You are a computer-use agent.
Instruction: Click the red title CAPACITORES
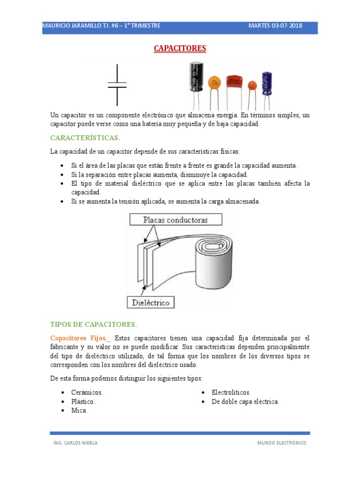click(x=180, y=48)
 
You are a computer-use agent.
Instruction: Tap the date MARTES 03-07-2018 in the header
click(x=275, y=25)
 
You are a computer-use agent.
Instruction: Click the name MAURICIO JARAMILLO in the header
click(x=72, y=25)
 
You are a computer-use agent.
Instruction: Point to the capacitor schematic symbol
click(x=117, y=85)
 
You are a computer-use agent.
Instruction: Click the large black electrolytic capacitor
click(x=194, y=77)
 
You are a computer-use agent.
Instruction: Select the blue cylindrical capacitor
click(x=267, y=83)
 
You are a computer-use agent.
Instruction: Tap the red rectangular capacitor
click(x=235, y=82)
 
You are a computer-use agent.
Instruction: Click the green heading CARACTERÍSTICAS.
click(x=85, y=138)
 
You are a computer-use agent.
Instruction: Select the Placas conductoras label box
click(x=175, y=219)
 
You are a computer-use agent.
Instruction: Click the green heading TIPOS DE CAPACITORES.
click(x=93, y=324)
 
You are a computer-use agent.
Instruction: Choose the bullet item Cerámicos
click(x=87, y=392)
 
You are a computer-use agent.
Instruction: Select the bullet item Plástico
click(x=83, y=402)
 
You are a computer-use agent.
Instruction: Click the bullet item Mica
click(x=79, y=411)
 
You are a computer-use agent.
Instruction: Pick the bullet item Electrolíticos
click(x=231, y=392)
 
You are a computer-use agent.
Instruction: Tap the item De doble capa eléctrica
click(x=245, y=402)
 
